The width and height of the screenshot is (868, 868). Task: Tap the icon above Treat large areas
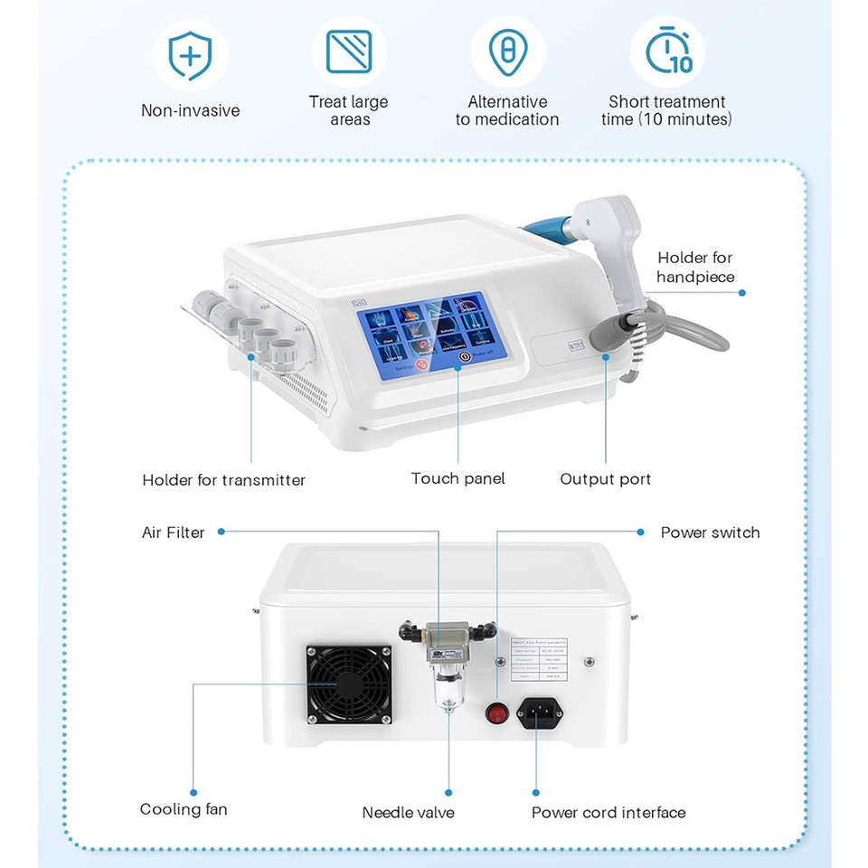[349, 52]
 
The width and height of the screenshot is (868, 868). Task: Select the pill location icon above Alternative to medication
[507, 52]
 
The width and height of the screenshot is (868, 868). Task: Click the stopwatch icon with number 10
[667, 52]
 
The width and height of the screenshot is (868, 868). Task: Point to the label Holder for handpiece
[695, 268]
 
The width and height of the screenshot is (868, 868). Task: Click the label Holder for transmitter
[224, 480]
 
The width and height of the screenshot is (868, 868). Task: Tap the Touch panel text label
[458, 478]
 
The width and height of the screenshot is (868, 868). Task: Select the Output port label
[605, 479]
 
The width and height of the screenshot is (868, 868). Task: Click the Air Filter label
[174, 533]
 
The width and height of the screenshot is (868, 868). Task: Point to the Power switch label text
[710, 533]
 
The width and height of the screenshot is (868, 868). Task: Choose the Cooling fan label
[184, 808]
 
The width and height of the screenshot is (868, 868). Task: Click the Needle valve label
[408, 812]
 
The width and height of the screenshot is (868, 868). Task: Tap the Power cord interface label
[608, 812]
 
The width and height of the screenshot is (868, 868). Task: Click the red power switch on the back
[495, 712]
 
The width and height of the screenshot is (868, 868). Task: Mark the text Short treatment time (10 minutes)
[666, 110]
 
